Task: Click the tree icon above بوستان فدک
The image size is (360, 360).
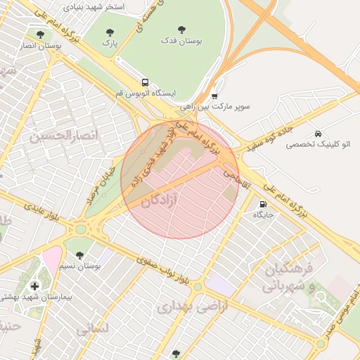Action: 182,30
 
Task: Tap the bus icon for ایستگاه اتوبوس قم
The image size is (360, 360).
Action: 145,82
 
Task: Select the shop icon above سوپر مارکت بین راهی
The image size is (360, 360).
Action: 214,96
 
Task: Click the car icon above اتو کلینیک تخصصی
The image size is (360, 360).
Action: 318,133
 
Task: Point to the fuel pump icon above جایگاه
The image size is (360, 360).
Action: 263,204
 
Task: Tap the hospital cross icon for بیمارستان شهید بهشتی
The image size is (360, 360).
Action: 35,286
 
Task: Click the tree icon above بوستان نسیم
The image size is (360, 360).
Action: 79,255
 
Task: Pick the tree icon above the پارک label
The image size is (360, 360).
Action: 109,32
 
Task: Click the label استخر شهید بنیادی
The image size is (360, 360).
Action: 94,6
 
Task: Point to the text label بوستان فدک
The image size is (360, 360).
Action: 182,42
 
